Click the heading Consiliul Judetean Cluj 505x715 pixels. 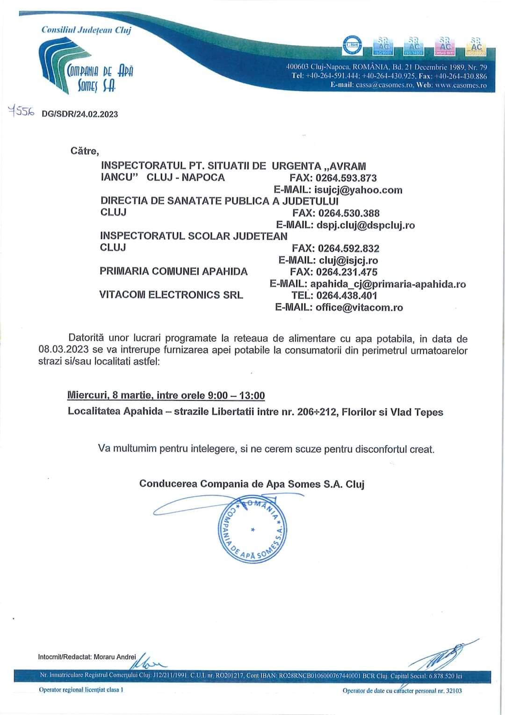86,30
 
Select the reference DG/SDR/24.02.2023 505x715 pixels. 80,114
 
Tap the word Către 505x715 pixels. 85,151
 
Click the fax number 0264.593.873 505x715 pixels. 346,178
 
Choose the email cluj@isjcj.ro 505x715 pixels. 348,260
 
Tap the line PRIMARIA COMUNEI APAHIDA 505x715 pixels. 173,272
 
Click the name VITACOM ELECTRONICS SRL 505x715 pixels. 171,295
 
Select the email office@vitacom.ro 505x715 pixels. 359,308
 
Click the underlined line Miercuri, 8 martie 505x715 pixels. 166,396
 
